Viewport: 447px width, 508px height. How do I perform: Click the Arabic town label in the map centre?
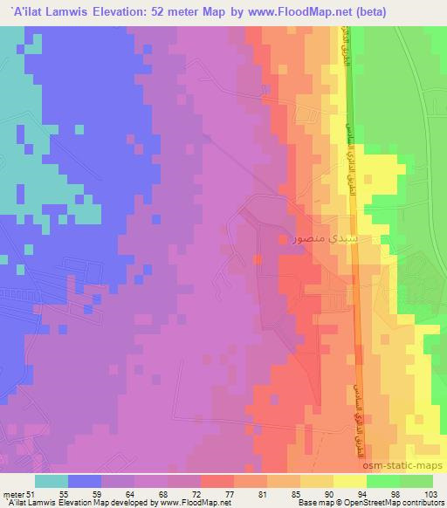(x=328, y=237)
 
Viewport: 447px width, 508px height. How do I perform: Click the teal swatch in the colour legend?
(x=52, y=481)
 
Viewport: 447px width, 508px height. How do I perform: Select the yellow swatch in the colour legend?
(x=350, y=481)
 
